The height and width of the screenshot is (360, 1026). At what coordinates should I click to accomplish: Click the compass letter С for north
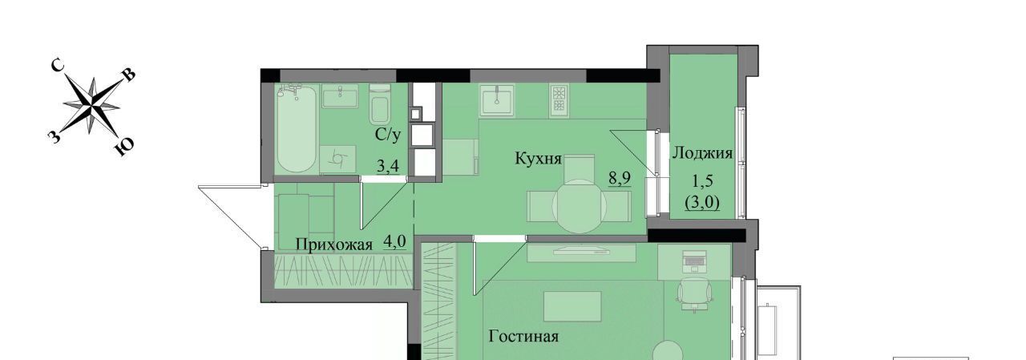[x=57, y=67]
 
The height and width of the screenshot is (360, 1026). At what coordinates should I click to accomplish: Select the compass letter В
[x=130, y=75]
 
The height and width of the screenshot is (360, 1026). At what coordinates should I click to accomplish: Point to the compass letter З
[x=54, y=136]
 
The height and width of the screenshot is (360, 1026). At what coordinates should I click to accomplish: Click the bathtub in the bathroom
[x=297, y=129]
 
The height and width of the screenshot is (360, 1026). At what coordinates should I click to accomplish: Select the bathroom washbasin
[x=340, y=98]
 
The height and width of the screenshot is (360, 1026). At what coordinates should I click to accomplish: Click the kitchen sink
[x=497, y=100]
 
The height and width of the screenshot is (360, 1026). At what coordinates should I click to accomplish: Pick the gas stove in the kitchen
[x=559, y=99]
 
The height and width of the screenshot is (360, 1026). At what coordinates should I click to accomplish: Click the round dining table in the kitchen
[x=579, y=206]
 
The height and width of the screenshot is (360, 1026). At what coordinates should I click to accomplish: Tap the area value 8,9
[x=620, y=178]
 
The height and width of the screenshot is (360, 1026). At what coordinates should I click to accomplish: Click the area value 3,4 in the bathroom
[x=387, y=166]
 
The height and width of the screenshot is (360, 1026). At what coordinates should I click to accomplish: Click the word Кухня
[x=538, y=159]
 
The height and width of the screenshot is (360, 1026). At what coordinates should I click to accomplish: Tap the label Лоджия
[x=702, y=153]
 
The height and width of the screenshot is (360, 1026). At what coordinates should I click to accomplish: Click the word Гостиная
[x=523, y=337]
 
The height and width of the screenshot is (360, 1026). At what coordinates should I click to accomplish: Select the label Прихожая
[x=333, y=245]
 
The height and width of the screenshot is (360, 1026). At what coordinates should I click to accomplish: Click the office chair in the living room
[x=695, y=294]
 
